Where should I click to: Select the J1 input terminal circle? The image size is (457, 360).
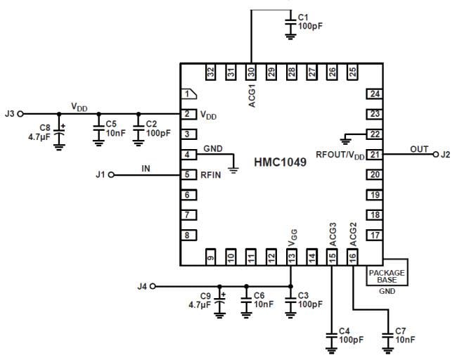click(110, 174)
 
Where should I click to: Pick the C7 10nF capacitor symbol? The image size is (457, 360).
click(387, 335)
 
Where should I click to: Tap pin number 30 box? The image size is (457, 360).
click(251, 72)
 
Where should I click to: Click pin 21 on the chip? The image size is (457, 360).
click(375, 155)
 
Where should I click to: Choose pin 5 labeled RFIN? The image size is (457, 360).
click(187, 174)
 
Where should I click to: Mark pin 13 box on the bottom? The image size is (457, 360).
click(291, 257)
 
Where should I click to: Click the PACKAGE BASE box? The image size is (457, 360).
click(387, 273)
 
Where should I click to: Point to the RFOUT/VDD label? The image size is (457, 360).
click(340, 156)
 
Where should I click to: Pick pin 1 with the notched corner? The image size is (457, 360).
click(187, 94)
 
